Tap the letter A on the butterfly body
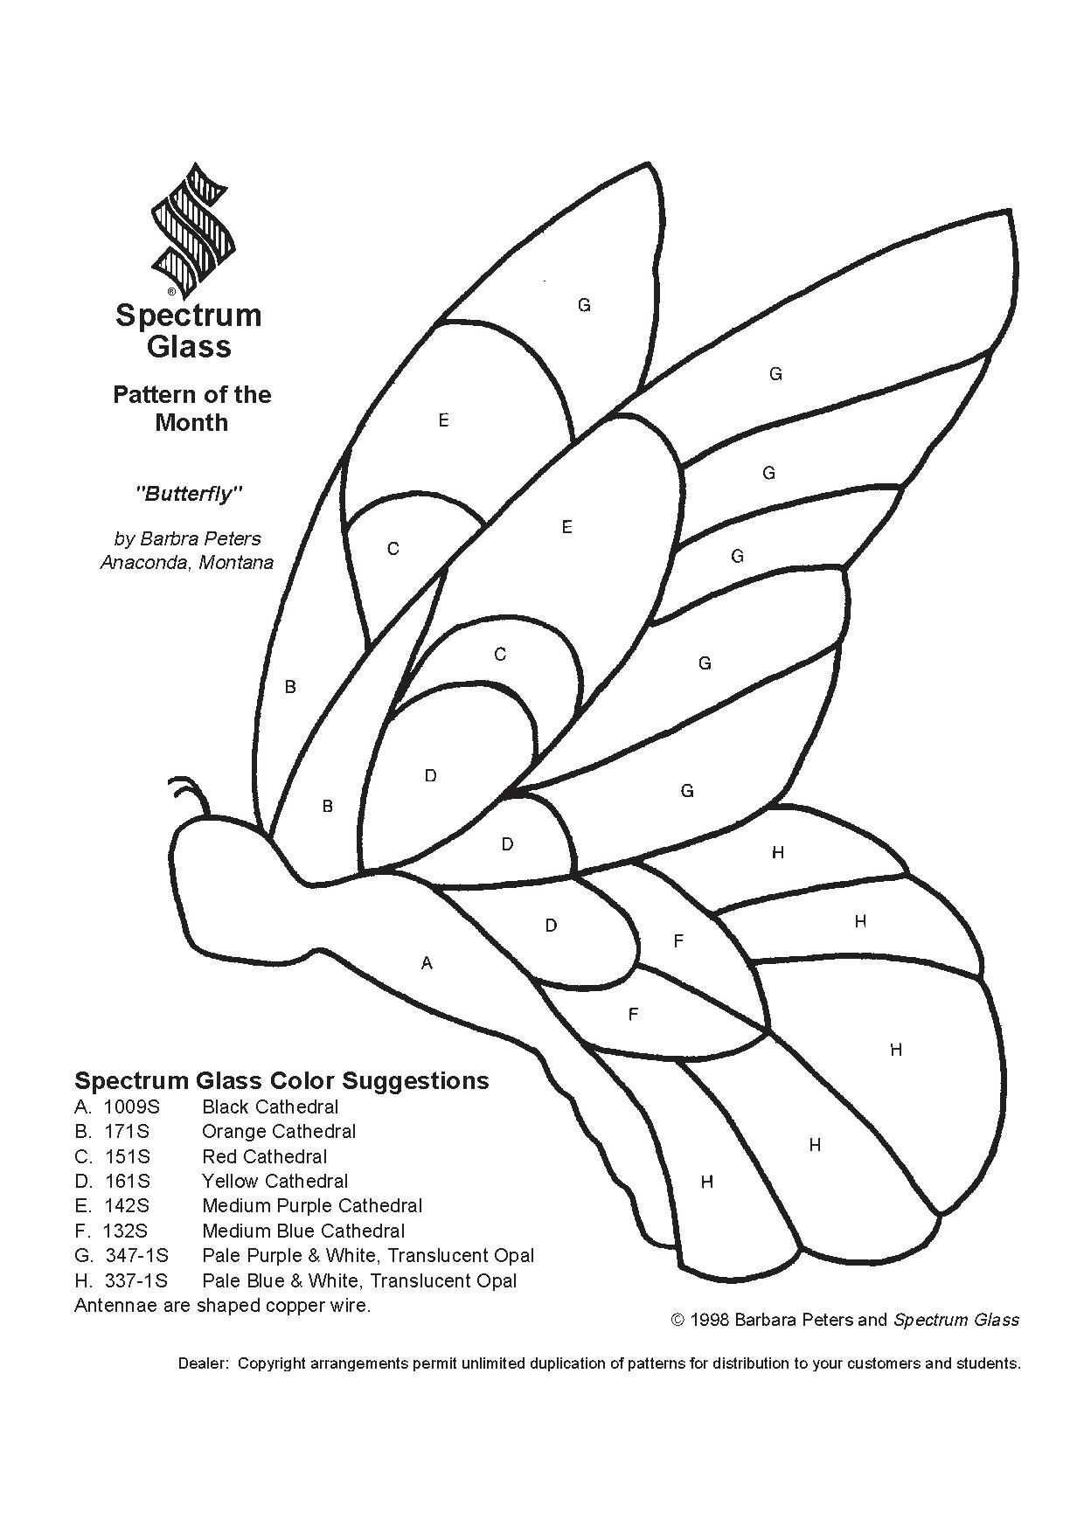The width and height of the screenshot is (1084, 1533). click(427, 963)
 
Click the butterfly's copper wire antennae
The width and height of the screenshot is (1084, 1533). click(192, 794)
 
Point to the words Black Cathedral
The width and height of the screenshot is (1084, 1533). click(270, 1106)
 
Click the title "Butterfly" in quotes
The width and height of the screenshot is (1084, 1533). click(188, 494)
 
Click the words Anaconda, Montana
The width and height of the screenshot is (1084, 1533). click(187, 562)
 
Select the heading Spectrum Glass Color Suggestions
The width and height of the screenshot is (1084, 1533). click(281, 1080)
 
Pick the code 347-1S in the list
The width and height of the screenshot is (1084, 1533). click(137, 1256)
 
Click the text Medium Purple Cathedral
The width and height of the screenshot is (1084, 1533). click(312, 1206)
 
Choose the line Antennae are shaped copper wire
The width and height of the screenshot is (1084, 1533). click(223, 1306)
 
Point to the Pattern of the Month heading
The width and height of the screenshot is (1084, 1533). click(191, 408)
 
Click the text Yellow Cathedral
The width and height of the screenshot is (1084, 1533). click(275, 1182)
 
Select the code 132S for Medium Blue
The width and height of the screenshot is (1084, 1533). click(125, 1231)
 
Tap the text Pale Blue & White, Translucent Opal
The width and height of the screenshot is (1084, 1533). click(359, 1281)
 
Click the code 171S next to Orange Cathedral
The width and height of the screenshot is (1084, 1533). click(127, 1131)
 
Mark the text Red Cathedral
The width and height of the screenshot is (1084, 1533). click(265, 1156)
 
